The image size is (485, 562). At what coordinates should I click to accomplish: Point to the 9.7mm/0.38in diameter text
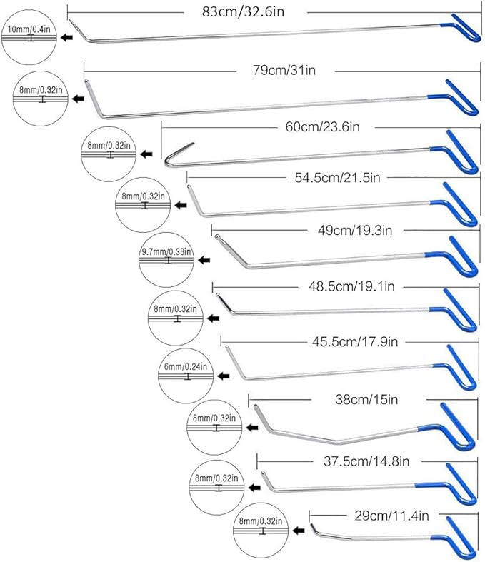point(167,252)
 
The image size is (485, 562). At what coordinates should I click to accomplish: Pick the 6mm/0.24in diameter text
point(186,366)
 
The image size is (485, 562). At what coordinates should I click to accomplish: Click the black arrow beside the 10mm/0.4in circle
point(68,37)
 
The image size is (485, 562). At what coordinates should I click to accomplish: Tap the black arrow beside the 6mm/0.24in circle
point(224,376)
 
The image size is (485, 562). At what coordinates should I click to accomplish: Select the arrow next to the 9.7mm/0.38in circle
point(204,261)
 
